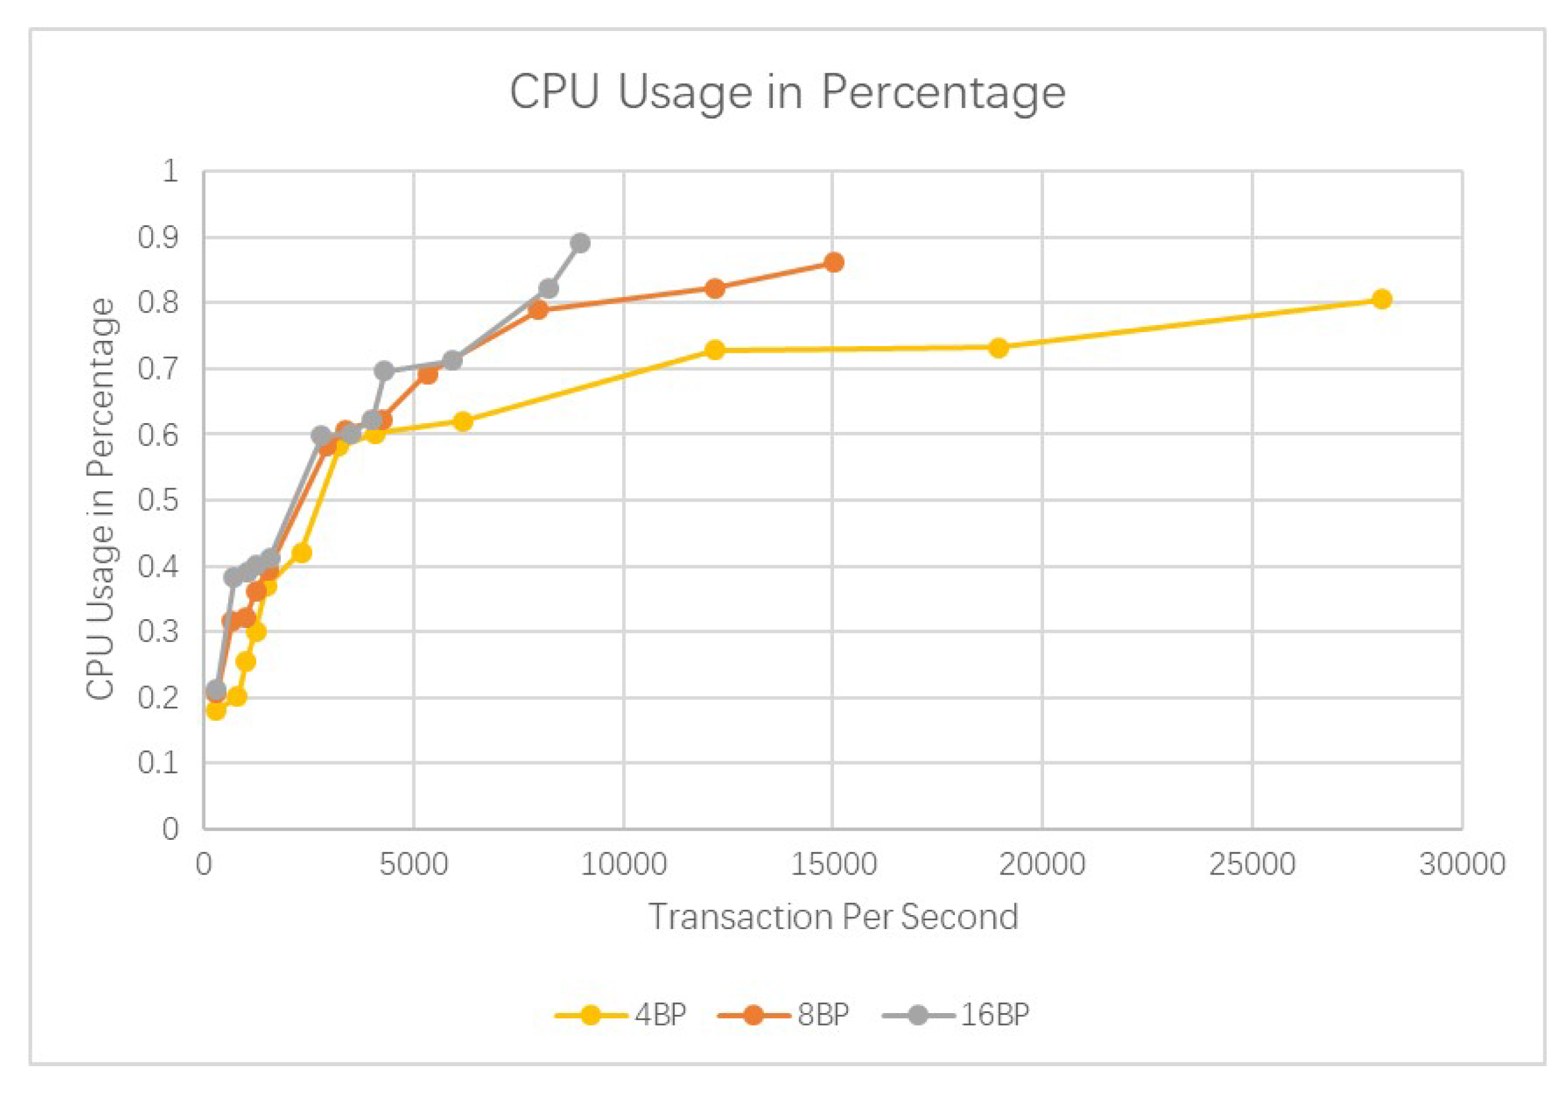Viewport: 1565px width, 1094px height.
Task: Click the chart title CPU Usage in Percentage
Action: click(x=787, y=92)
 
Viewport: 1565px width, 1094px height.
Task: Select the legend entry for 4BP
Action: click(x=622, y=1015)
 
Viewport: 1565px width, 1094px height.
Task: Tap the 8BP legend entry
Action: click(x=784, y=1015)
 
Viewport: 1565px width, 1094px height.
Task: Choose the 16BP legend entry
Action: click(x=955, y=1015)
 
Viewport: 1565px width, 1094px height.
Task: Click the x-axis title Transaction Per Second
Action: click(x=833, y=916)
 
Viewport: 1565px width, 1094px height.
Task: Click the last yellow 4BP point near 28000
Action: click(x=1382, y=299)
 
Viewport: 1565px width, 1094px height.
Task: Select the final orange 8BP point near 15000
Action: click(x=833, y=262)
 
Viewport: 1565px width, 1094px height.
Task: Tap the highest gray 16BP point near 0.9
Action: click(x=580, y=243)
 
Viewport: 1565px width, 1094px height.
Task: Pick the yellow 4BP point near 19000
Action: click(x=998, y=348)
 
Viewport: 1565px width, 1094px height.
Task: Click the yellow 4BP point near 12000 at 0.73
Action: click(x=715, y=350)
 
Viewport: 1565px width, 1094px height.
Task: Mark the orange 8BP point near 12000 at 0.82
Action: click(x=715, y=288)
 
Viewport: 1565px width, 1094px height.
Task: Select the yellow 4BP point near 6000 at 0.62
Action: click(x=463, y=422)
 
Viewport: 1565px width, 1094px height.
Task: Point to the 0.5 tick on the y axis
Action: click(x=157, y=500)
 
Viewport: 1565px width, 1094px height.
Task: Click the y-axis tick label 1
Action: click(x=170, y=171)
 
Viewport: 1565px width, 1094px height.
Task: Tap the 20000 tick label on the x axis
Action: click(x=1041, y=864)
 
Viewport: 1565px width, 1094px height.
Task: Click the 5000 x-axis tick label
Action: click(x=413, y=864)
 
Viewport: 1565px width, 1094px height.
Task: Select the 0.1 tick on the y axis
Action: click(x=157, y=762)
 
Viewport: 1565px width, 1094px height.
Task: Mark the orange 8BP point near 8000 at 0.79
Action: click(x=539, y=310)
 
